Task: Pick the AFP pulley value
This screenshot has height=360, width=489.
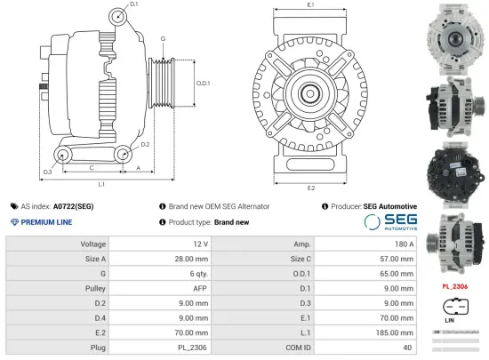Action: tap(201, 287)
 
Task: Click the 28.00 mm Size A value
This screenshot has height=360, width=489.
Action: tap(191, 258)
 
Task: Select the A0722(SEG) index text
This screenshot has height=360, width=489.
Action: tap(73, 205)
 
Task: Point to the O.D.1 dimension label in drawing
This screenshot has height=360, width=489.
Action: tap(203, 84)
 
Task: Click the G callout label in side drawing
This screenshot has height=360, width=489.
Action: tap(163, 39)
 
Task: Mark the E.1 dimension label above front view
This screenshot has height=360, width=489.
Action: tap(310, 5)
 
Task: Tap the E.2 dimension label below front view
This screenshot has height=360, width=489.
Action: tap(310, 188)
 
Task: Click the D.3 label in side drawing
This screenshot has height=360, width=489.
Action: tap(47, 172)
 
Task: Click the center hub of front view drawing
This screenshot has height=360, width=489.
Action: tap(310, 92)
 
